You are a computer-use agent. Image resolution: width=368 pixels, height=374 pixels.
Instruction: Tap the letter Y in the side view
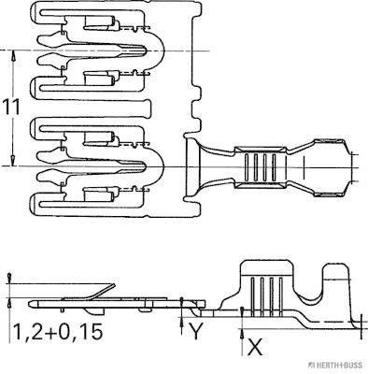[x=194, y=329]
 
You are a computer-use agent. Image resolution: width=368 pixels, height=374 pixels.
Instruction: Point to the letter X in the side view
[x=254, y=347]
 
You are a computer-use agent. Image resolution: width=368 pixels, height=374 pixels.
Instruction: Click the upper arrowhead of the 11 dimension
[x=12, y=56]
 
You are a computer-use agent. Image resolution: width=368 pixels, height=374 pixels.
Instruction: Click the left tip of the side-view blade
[x=32, y=304]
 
